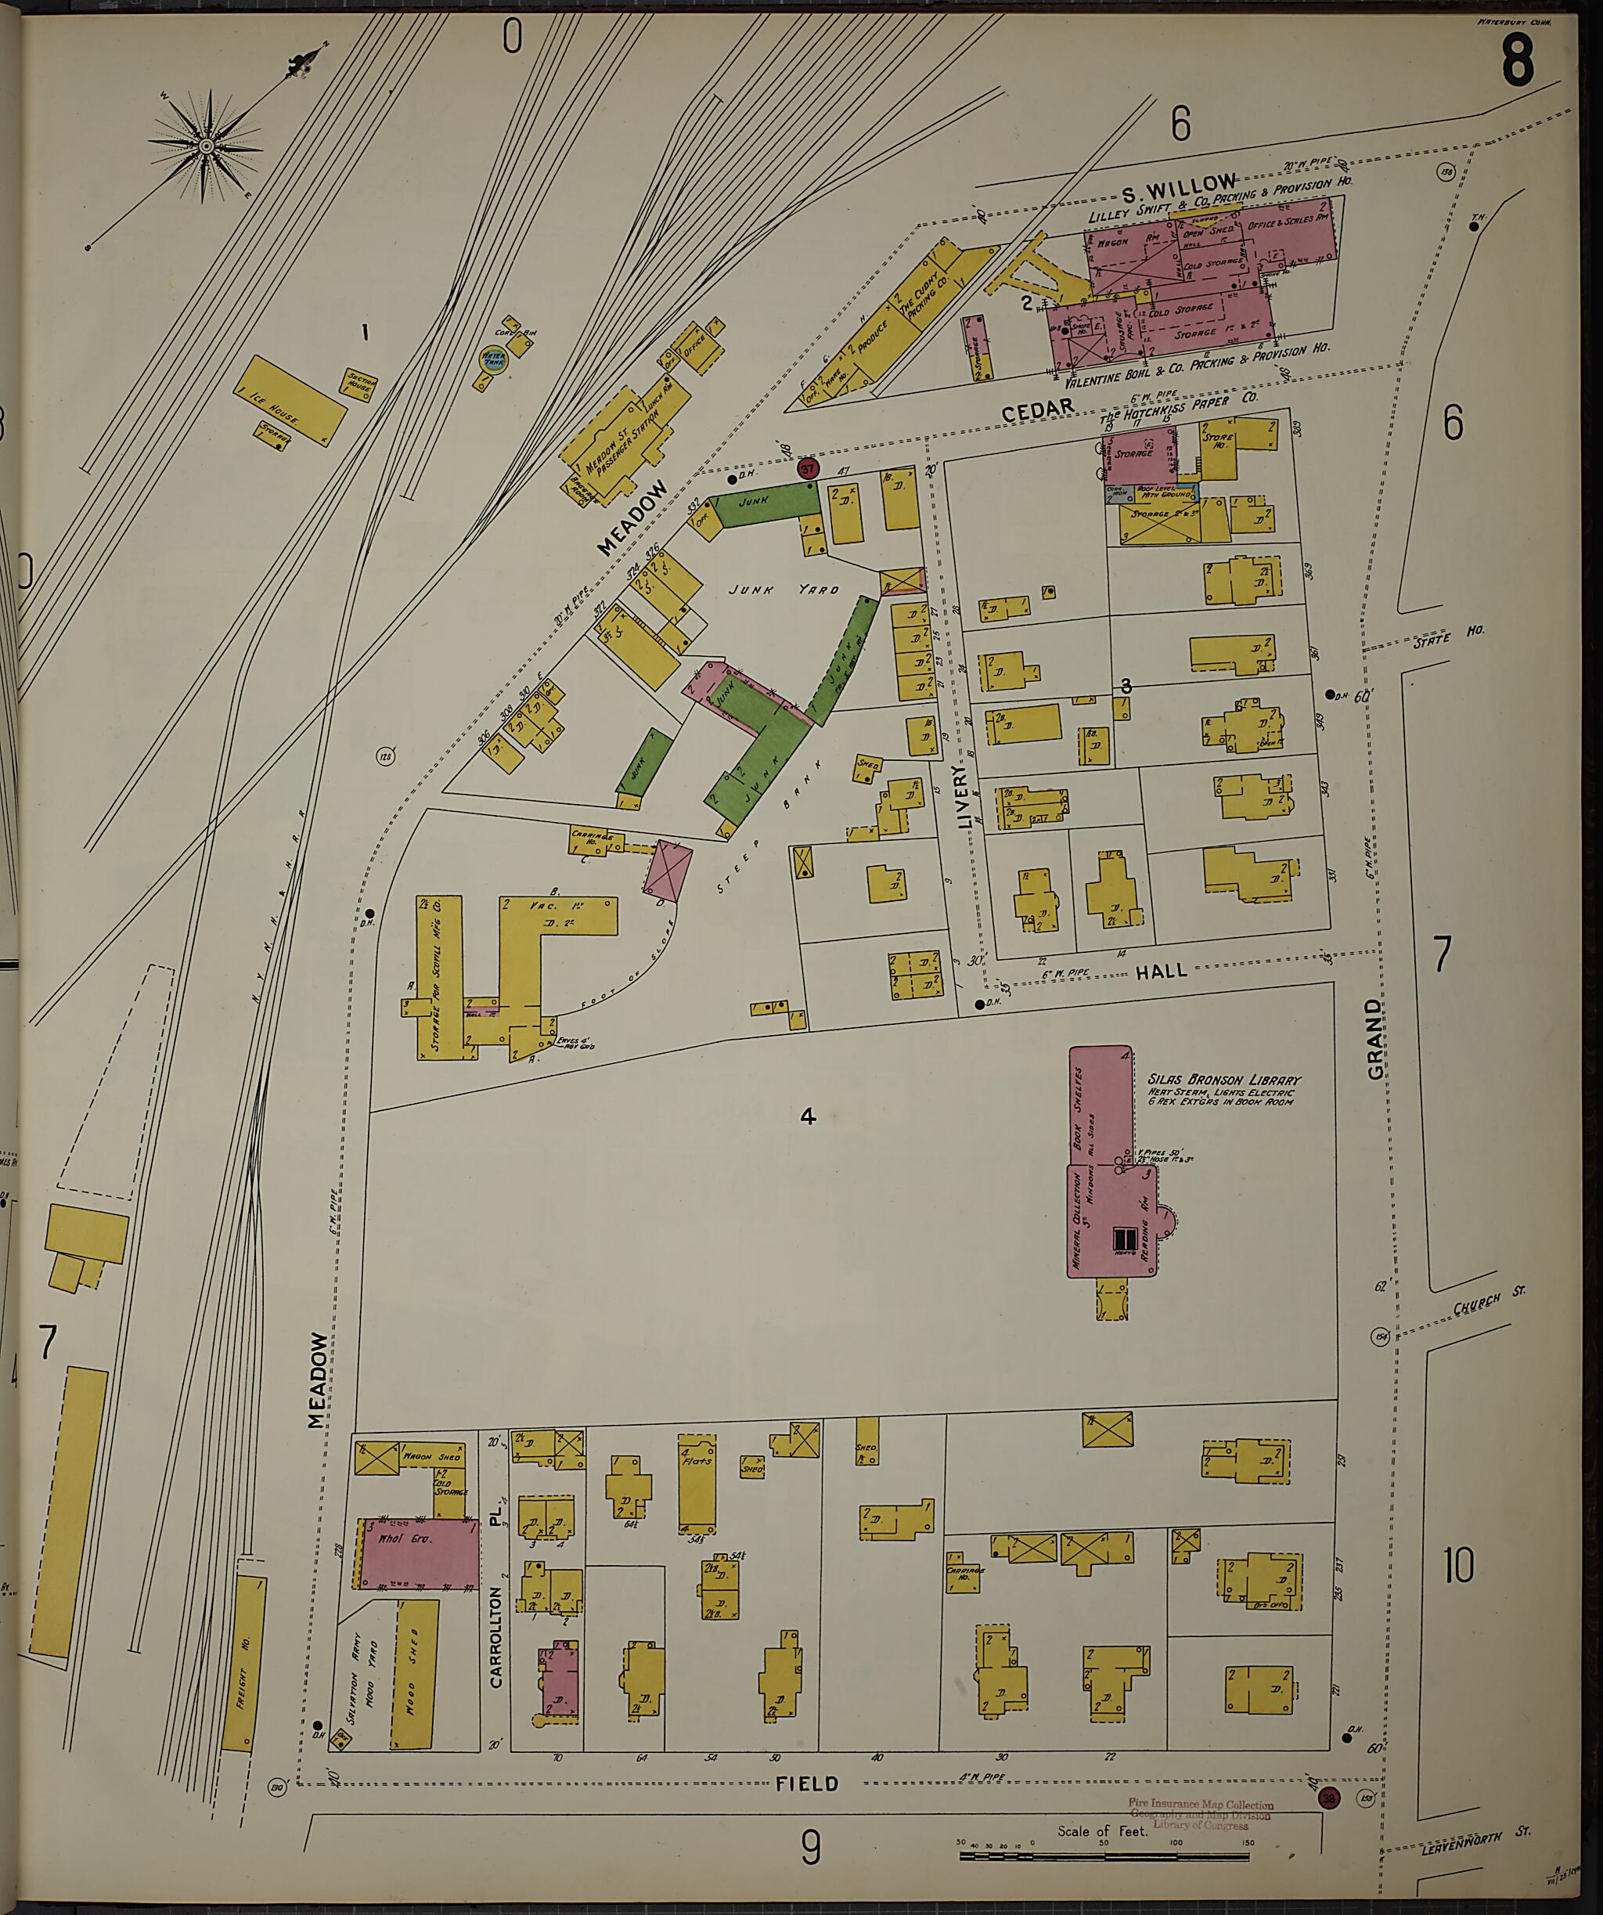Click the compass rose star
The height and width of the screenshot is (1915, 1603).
(x=207, y=146)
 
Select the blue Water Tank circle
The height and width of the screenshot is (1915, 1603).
(x=492, y=359)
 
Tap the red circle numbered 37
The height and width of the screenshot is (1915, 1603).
(x=808, y=469)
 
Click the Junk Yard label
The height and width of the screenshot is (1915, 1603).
(x=783, y=589)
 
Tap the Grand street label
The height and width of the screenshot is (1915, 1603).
(x=1374, y=1039)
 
